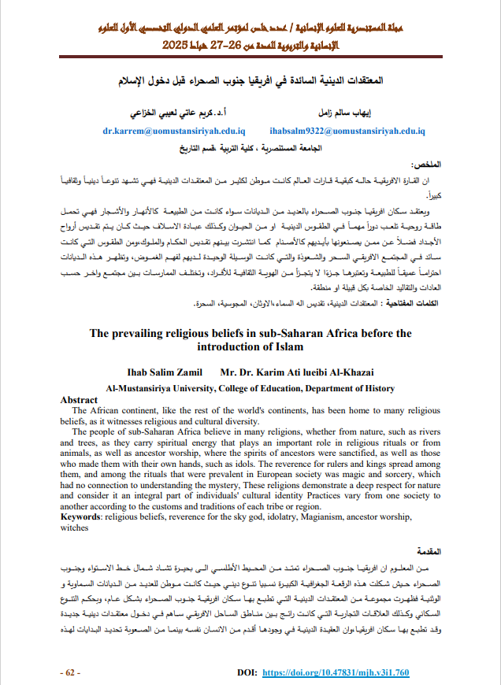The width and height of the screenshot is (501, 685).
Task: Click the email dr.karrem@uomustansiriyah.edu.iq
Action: pos(175,133)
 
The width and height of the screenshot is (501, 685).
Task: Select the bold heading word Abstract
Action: pos(79,400)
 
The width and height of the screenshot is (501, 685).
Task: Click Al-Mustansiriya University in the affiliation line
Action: pos(160,388)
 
